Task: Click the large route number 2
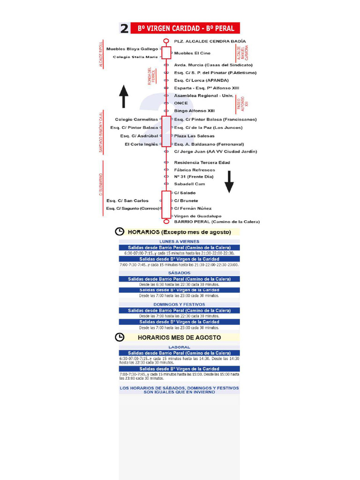point(124,29)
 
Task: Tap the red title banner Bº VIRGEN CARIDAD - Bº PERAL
point(186,28)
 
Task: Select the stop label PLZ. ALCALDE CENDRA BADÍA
point(210,41)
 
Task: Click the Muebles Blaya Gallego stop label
point(132,49)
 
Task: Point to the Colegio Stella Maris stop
point(135,57)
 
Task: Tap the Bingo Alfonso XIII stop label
point(194,111)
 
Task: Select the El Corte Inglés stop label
point(141,144)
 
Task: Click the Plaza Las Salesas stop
point(194,136)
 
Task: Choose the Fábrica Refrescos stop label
point(195,170)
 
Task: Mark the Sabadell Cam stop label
point(189,184)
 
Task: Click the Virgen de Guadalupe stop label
point(197,216)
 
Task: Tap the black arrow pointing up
point(124,97)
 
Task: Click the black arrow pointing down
point(229,182)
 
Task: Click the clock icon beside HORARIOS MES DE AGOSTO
point(120,337)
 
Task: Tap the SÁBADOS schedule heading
point(179,273)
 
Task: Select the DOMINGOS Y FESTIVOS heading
point(179,304)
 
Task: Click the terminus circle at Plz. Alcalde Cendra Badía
point(166,41)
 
